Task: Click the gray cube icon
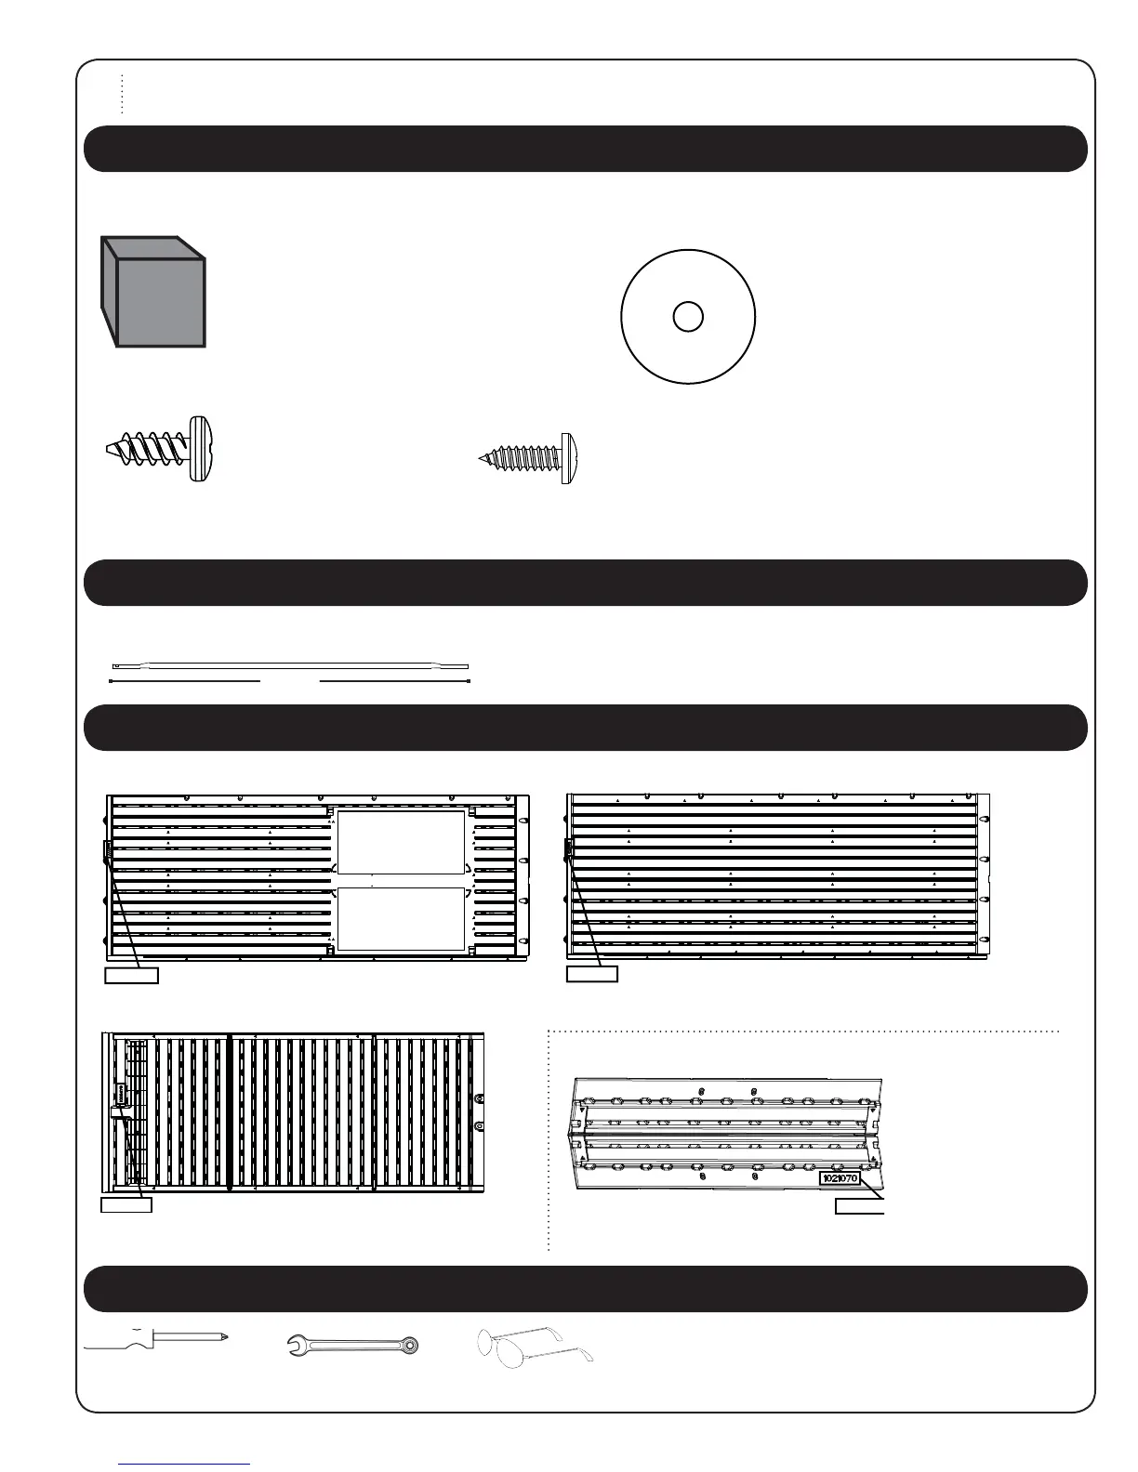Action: [153, 293]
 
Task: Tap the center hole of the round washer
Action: [687, 317]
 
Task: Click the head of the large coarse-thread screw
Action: [202, 448]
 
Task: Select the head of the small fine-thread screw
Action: [567, 458]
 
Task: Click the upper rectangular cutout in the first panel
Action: [400, 842]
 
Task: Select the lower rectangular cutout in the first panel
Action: [400, 918]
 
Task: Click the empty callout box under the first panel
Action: [130, 975]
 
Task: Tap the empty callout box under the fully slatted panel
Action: [592, 974]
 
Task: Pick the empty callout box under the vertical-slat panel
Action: [126, 1205]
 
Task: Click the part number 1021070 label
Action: [840, 1178]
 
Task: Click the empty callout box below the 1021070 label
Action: [859, 1206]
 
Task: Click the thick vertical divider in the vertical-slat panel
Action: [229, 1111]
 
